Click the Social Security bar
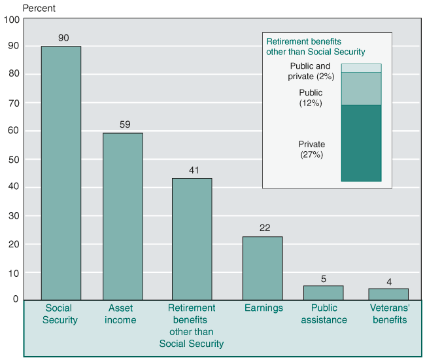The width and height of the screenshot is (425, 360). click(x=61, y=173)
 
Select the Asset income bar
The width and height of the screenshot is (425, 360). click(x=122, y=216)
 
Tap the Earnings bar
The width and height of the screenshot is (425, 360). click(x=262, y=268)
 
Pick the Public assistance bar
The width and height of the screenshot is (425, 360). click(x=323, y=293)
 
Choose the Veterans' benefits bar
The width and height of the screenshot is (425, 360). click(x=388, y=294)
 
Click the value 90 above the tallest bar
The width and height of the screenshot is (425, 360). click(x=63, y=38)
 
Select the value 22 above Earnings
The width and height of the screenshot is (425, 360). click(x=265, y=228)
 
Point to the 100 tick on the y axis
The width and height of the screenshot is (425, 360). click(x=12, y=19)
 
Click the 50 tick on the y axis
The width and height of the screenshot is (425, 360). click(x=14, y=160)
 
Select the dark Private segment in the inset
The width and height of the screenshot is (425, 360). click(x=361, y=143)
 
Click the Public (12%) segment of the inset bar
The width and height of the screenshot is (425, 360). click(x=361, y=88)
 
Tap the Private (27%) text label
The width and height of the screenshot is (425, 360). click(x=311, y=150)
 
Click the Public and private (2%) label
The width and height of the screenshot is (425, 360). click(x=311, y=71)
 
